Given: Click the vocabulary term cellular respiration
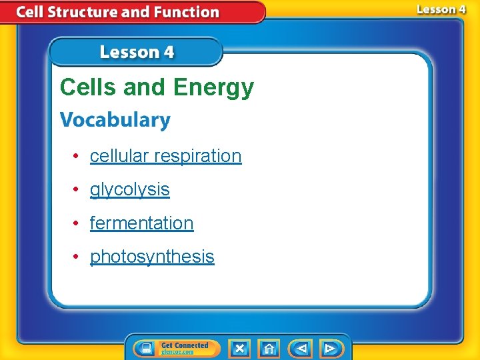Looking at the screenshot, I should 165,156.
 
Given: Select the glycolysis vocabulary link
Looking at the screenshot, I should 129,190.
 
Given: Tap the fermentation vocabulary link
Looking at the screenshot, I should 141,223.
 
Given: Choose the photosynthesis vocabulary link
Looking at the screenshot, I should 152,257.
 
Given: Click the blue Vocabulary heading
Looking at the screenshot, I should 115,121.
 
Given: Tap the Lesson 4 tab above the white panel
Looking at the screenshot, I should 137,52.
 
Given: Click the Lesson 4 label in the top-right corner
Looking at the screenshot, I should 441,9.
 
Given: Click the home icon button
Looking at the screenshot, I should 269,348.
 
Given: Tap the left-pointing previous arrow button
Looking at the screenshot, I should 301,348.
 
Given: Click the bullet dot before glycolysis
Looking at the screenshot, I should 77,190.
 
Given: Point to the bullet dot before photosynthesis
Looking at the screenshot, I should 77,257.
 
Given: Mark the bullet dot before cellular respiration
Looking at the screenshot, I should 77,156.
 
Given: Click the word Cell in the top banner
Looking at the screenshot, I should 31,12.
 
